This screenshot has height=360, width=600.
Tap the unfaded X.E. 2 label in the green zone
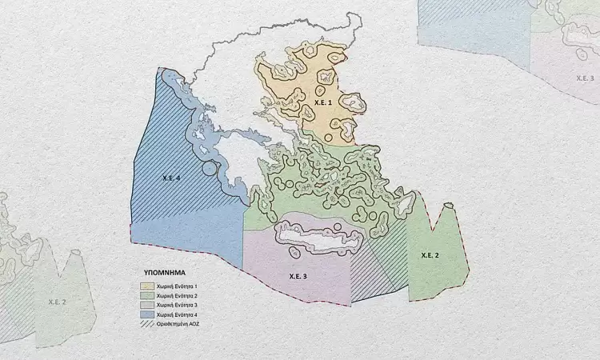430,254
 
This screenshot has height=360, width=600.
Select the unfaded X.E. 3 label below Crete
298,276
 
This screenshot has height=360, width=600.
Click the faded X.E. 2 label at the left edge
58,302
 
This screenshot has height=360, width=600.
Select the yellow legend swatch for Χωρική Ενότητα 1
149,286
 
